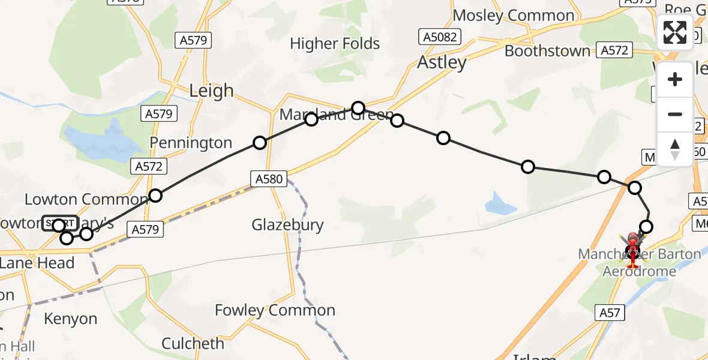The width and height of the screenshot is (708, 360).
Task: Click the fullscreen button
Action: pos(675,32)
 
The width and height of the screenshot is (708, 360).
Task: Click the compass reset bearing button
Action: pos(675,149)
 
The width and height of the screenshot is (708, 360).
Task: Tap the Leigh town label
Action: pos(211,91)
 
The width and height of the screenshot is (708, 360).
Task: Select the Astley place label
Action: pos(442,62)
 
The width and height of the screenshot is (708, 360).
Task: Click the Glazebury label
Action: pos(287,225)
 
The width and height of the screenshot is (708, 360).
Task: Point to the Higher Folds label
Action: pos(335,44)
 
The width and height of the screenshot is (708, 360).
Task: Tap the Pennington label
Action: pos(191,143)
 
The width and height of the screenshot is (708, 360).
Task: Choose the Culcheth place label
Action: pos(193,344)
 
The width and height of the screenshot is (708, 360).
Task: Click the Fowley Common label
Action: pos(275,310)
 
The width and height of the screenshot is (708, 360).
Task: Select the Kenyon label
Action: pos(70,319)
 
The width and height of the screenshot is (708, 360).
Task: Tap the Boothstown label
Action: pos(547,51)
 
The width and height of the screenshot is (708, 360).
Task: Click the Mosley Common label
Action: pos(513,16)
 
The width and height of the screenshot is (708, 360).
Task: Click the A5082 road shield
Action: pos(439,37)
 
